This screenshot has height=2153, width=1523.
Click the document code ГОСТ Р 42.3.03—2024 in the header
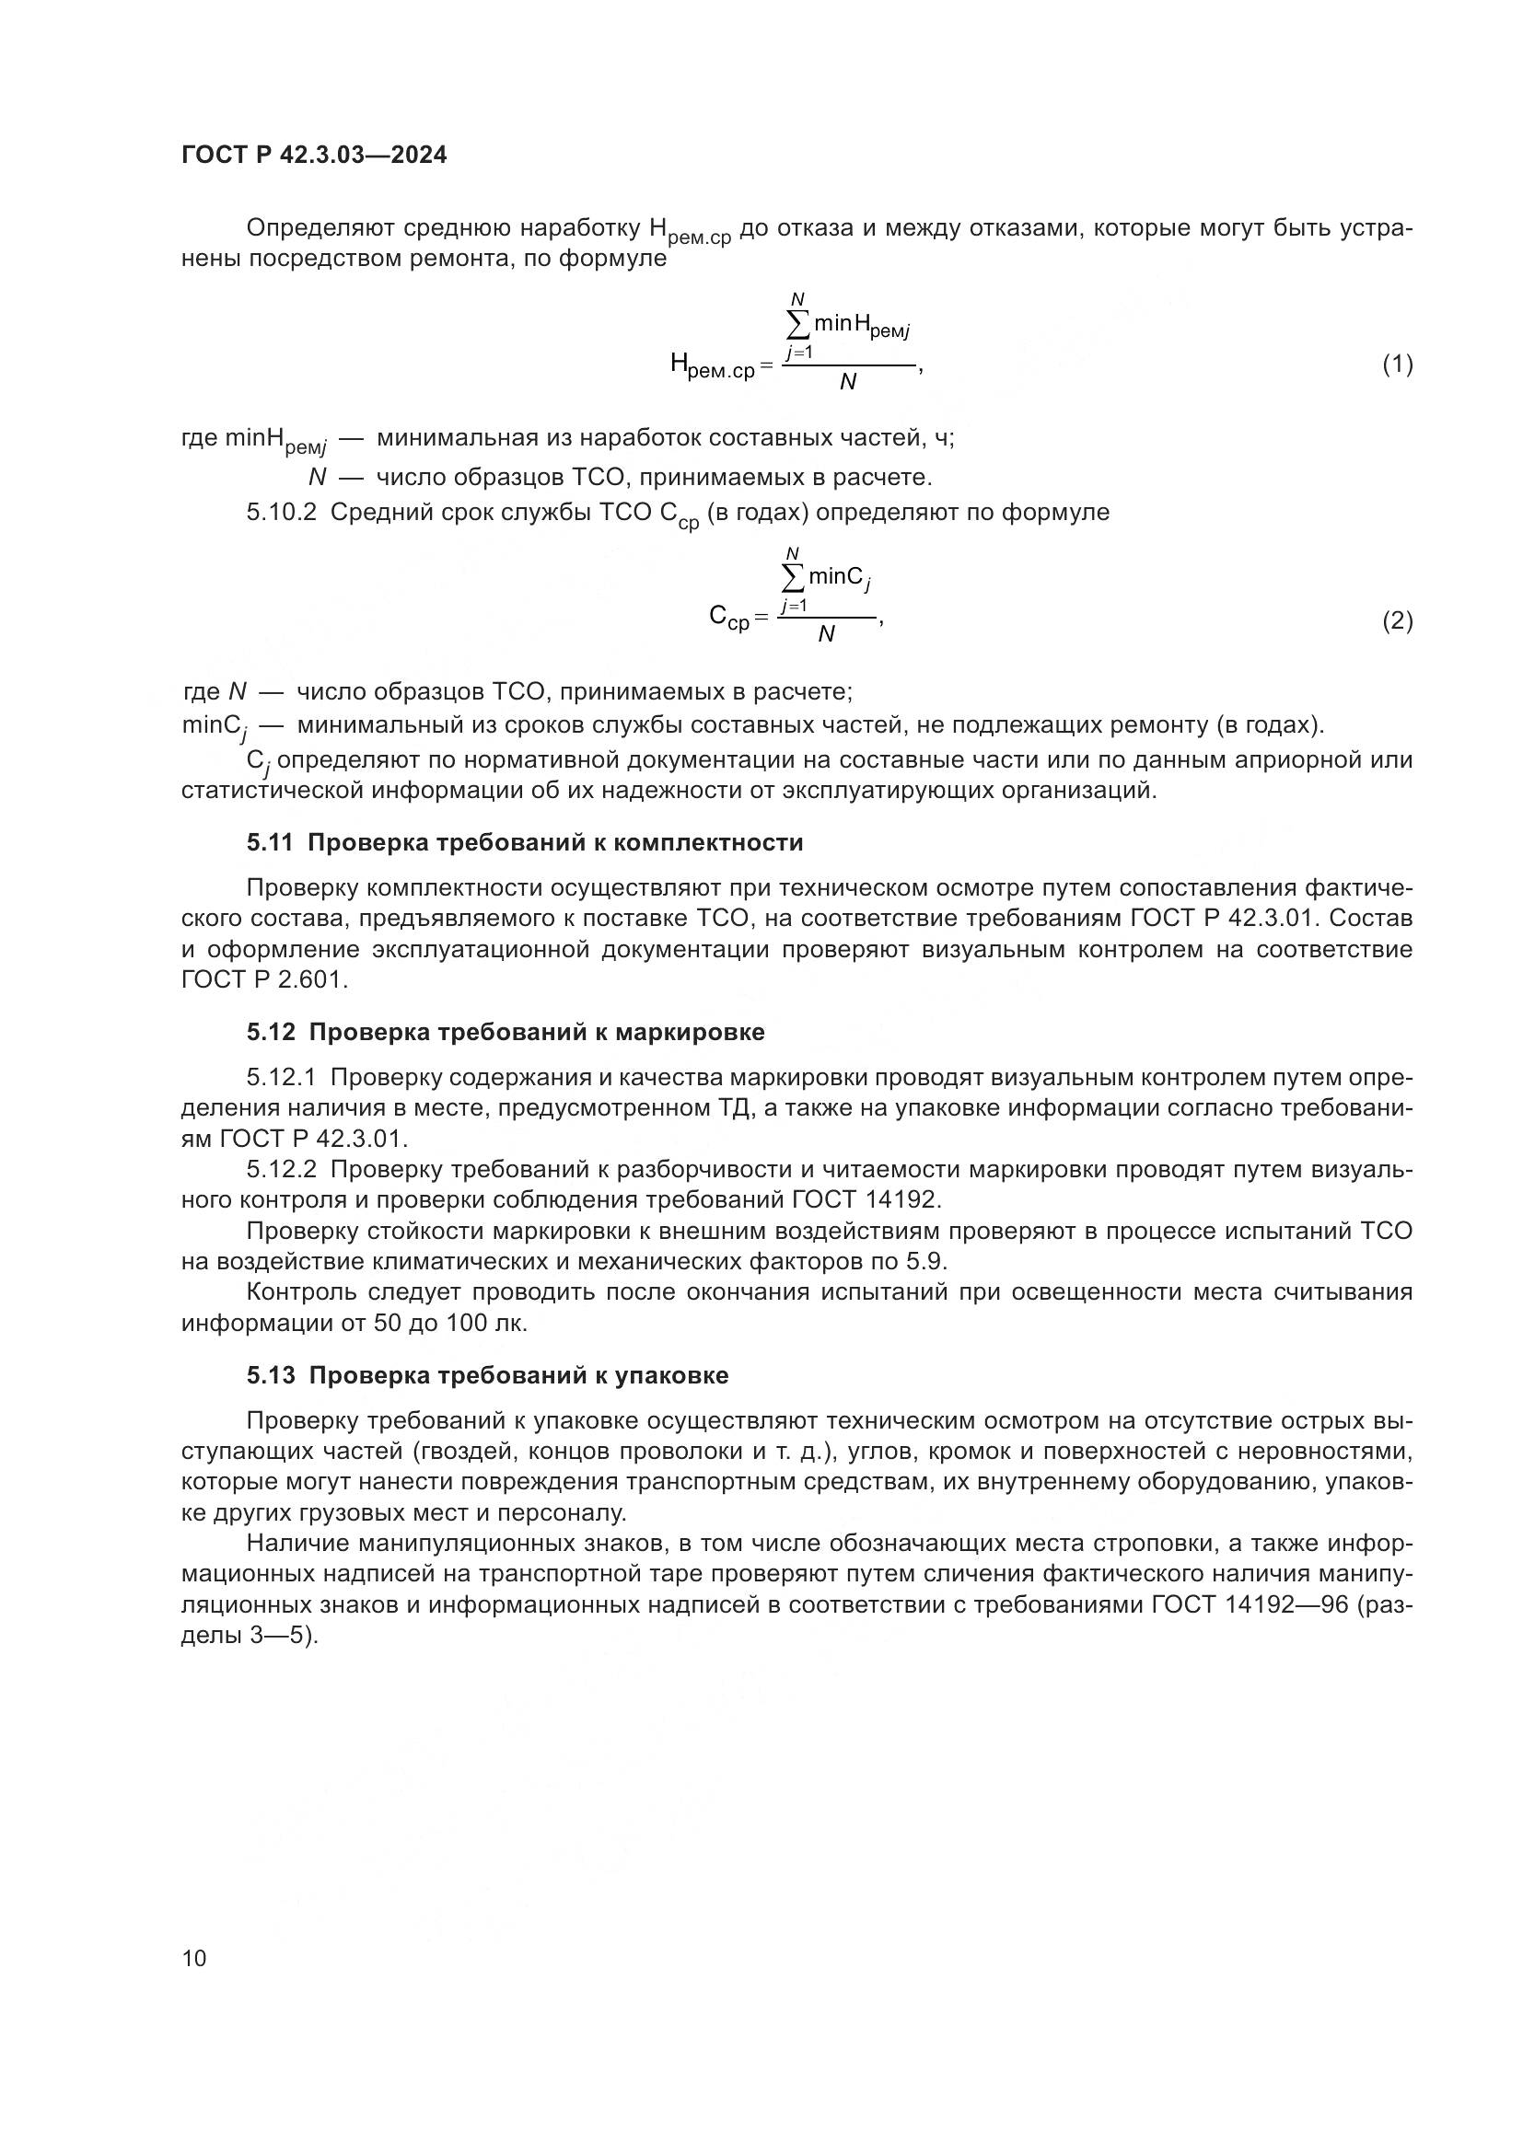313,155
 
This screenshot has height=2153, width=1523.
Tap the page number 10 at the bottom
194,1958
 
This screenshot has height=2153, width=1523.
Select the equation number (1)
1397,364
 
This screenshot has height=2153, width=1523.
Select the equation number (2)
1397,620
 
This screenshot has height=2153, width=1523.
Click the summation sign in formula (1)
797,324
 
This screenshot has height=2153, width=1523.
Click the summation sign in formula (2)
794,579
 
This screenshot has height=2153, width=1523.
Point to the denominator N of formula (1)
848,383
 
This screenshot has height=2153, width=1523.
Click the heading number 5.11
270,842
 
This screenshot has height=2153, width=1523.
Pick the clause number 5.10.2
283,513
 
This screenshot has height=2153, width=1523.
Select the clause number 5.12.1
283,1078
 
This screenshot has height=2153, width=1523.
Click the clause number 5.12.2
283,1169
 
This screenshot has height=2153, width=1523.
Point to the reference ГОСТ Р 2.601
264,981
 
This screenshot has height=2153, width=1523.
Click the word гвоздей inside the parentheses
467,1452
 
